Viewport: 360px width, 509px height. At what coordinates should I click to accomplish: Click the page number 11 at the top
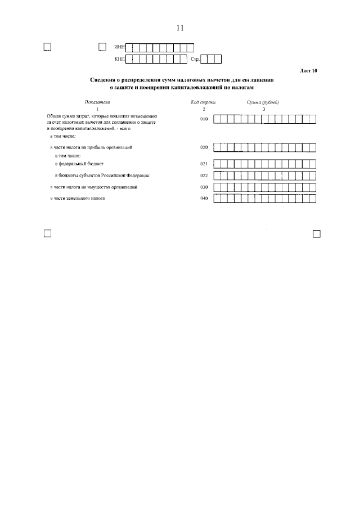pos(180,28)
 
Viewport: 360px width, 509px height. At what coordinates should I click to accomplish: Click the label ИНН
pos(119,47)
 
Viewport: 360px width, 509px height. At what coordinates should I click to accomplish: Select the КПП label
pos(119,58)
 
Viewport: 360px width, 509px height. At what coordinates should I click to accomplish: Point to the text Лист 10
pos(309,71)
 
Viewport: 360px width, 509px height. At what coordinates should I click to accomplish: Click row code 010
pos(204,119)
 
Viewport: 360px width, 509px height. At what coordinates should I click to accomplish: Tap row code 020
pos(204,147)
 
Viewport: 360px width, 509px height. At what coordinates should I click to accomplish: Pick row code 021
pos(204,164)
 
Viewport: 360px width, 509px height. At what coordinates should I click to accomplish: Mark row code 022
pos(204,175)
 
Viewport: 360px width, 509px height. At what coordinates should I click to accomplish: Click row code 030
pos(204,187)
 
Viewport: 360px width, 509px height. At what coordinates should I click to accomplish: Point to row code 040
pos(204,198)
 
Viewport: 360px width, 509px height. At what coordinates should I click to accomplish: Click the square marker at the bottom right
pos(316,233)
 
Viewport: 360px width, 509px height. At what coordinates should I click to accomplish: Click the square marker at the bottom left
pos(47,233)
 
